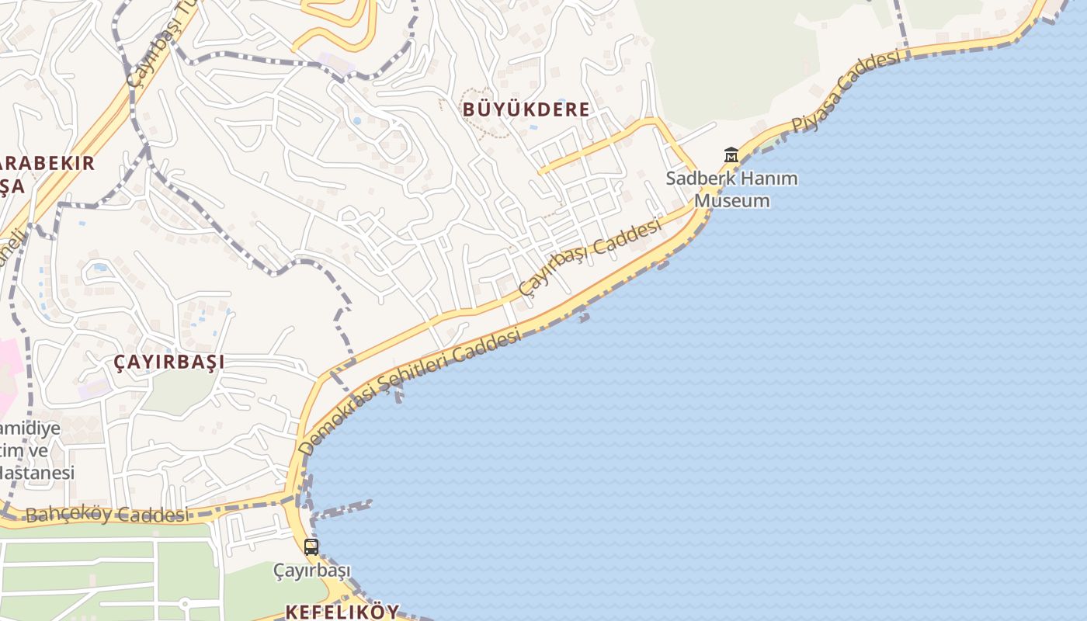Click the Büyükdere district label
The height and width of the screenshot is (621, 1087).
[x=526, y=109]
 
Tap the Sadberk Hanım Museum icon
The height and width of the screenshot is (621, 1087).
[x=731, y=155]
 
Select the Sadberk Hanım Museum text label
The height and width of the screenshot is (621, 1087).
[x=732, y=189]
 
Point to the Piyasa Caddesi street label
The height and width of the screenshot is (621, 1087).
[x=846, y=91]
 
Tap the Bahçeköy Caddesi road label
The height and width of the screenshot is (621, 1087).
[x=106, y=515]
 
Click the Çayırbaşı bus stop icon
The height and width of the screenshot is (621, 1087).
[x=311, y=546]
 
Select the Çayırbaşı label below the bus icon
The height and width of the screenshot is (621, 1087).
[x=311, y=571]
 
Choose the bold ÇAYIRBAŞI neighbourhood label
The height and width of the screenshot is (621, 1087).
[x=169, y=362]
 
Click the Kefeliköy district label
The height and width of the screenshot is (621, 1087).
[x=342, y=612]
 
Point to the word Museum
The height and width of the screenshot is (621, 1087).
[x=732, y=200]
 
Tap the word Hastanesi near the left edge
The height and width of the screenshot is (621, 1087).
[x=37, y=473]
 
